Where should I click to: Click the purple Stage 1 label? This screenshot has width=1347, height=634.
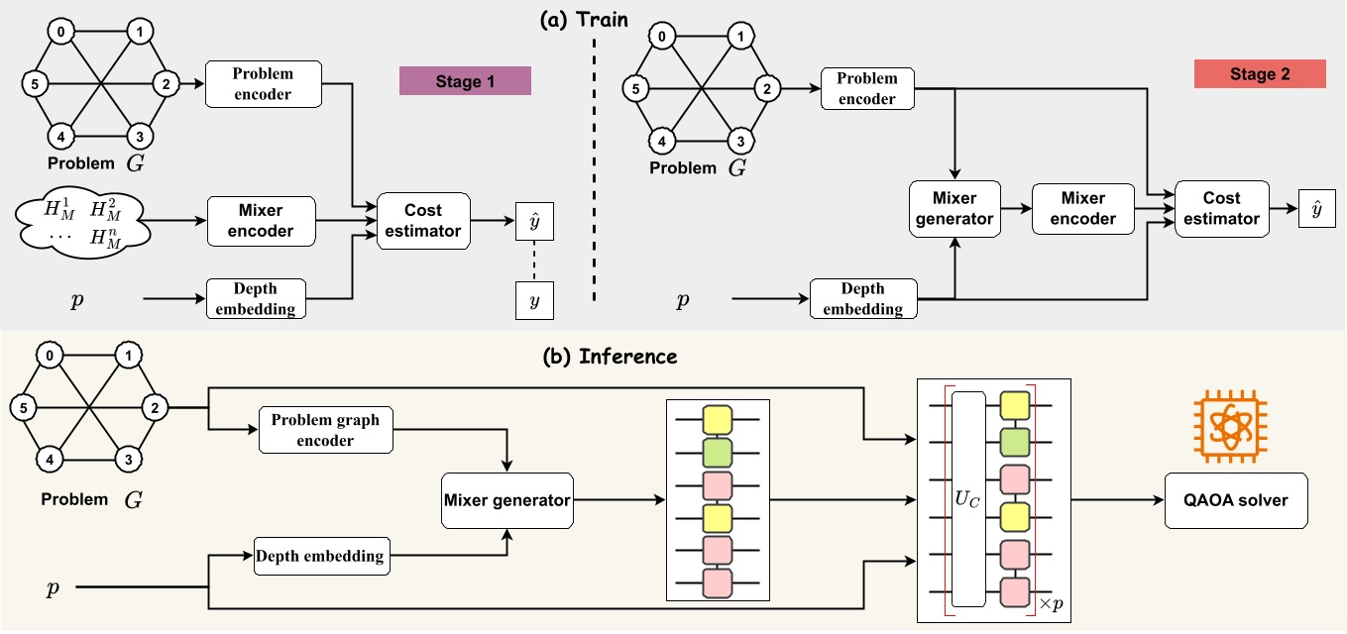point(465,81)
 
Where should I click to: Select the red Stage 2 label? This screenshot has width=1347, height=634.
point(1260,74)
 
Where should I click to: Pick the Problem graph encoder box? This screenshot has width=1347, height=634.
point(325,430)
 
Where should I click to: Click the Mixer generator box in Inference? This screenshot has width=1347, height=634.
point(507,500)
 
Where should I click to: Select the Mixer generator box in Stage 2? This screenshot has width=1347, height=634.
point(954,208)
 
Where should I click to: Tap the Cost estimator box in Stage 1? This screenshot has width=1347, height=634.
point(423,220)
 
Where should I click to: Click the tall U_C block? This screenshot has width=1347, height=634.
point(967,498)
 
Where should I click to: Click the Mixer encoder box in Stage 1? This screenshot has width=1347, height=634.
point(261,220)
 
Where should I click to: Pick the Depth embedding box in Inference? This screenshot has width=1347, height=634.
point(320,555)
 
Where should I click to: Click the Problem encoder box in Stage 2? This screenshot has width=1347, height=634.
point(867,87)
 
